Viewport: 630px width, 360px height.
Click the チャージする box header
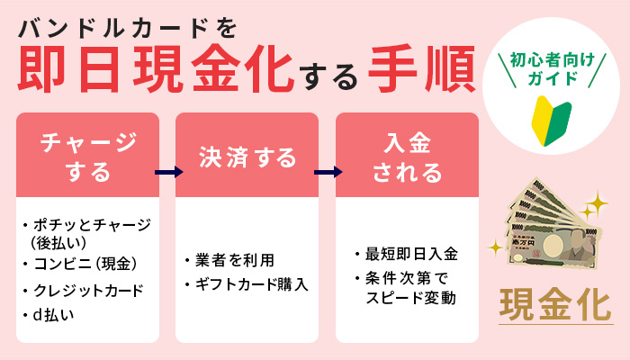coord(87,156)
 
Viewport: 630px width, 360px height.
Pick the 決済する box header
coord(247,157)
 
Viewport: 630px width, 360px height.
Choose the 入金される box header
coord(407,156)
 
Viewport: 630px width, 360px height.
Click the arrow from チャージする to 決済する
coord(166,171)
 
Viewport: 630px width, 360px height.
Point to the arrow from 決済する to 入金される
coord(328,171)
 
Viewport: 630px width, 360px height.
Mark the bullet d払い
coord(54,314)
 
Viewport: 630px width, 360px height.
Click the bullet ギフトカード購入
coord(247,285)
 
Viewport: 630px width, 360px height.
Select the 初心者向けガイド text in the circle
coord(550,71)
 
